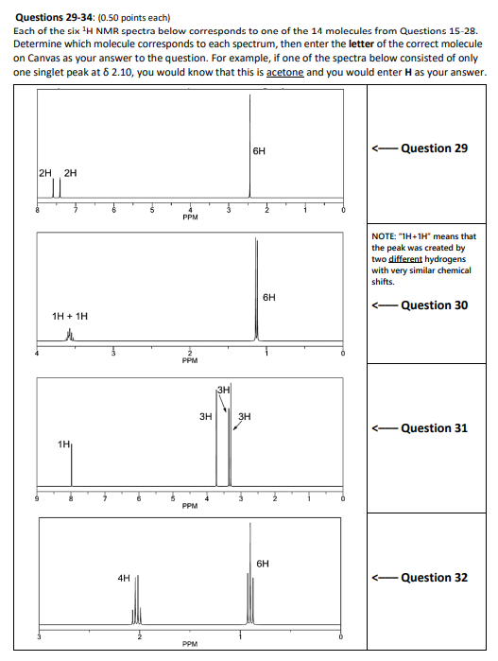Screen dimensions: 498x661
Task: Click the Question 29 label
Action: pyautogui.click(x=434, y=148)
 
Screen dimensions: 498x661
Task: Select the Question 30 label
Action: pyautogui.click(x=434, y=304)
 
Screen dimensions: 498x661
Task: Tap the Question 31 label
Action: pyautogui.click(x=434, y=428)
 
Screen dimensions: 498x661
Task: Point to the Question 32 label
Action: pyautogui.click(x=434, y=578)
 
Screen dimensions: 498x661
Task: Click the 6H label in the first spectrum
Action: pyautogui.click(x=259, y=151)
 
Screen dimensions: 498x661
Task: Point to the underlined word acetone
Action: pyautogui.click(x=286, y=73)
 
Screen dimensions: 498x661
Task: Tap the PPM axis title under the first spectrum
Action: pyautogui.click(x=190, y=217)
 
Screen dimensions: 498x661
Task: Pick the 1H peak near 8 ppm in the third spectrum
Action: pyautogui.click(x=70, y=468)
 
